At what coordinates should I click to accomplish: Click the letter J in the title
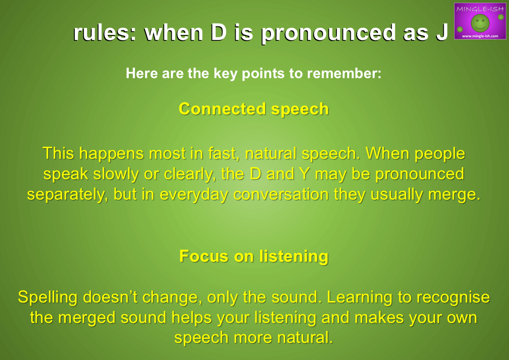(441, 32)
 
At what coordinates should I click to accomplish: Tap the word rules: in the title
(105, 33)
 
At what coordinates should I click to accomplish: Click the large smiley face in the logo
(480, 23)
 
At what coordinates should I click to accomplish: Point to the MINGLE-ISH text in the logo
(480, 9)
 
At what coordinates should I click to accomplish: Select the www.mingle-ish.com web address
(480, 36)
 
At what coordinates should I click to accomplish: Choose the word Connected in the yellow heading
(222, 109)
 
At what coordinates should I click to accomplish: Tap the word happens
(111, 154)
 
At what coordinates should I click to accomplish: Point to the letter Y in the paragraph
(304, 174)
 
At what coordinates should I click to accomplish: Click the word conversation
(281, 195)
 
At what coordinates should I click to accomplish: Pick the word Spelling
(48, 298)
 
